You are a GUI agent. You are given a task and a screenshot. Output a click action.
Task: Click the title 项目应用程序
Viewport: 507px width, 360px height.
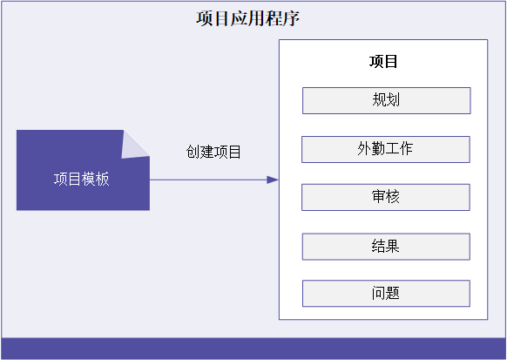pyautogui.click(x=247, y=18)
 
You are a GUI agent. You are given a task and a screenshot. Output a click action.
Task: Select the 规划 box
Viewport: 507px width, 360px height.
pyautogui.click(x=387, y=100)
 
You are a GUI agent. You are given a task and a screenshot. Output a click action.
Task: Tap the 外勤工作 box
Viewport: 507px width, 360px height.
pyautogui.click(x=386, y=149)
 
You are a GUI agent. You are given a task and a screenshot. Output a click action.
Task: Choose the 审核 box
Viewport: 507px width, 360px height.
pyautogui.click(x=386, y=197)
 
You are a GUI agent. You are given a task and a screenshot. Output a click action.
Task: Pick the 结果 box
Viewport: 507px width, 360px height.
pyautogui.click(x=386, y=247)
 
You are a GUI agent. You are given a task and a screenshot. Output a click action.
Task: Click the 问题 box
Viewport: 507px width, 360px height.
pyautogui.click(x=386, y=294)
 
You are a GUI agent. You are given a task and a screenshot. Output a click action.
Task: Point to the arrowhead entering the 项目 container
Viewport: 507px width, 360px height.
pyautogui.click(x=273, y=180)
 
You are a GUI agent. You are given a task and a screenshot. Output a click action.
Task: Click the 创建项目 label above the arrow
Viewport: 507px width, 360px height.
pyautogui.click(x=213, y=152)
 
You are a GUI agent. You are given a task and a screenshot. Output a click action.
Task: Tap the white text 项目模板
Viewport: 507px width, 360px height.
pyautogui.click(x=82, y=180)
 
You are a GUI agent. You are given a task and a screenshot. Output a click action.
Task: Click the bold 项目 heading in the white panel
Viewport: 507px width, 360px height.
pyautogui.click(x=383, y=62)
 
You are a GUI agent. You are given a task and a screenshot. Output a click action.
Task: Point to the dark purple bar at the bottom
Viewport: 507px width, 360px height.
pyautogui.click(x=253, y=349)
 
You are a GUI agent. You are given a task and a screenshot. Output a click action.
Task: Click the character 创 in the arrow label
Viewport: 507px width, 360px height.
pyautogui.click(x=193, y=152)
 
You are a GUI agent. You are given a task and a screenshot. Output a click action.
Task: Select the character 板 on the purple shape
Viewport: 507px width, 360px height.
pyautogui.click(x=103, y=180)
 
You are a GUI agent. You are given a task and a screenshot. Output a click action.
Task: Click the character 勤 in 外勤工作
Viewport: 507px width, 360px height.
pyautogui.click(x=378, y=148)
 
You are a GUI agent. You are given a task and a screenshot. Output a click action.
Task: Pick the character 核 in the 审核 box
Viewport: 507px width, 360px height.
pyautogui.click(x=393, y=196)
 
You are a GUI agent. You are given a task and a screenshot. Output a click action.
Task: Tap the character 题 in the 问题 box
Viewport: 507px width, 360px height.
pyautogui.click(x=393, y=293)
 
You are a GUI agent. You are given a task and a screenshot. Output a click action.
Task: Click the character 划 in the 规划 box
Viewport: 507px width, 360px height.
pyautogui.click(x=393, y=99)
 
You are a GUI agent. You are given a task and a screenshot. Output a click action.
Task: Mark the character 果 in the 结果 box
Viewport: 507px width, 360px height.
pyautogui.click(x=393, y=246)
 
